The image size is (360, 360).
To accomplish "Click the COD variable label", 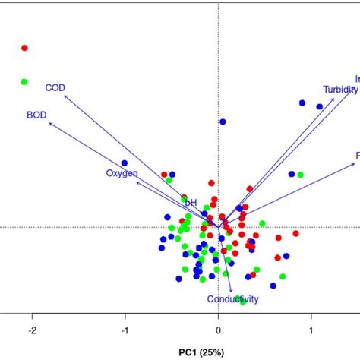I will point(55,88).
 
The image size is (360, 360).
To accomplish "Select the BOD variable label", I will point(36,115).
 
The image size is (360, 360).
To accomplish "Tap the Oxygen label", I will point(122,174).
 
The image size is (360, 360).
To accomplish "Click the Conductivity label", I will point(233,299).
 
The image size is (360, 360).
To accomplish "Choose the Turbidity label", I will point(339,89).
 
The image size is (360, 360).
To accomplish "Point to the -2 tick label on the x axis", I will point(32,330).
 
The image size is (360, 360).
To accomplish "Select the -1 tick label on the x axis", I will point(125,330).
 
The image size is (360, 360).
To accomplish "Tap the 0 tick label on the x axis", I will point(219,330).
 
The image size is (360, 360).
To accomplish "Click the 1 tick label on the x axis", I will point(311,330).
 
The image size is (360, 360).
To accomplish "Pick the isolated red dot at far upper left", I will point(24,48).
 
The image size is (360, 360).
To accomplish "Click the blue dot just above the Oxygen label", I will point(125,163).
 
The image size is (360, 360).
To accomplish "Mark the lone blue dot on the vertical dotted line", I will point(223,122).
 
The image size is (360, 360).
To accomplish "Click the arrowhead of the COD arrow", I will point(64,96).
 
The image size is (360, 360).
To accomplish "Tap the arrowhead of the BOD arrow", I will point(49,123).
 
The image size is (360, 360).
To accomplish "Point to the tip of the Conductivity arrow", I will point(231,290).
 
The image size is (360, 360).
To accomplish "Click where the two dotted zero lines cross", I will point(219,226).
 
